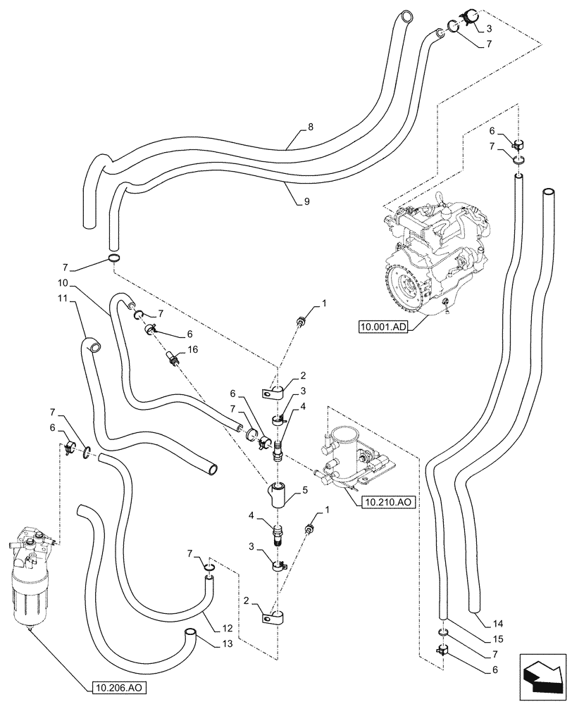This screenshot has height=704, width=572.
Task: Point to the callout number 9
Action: (307, 201)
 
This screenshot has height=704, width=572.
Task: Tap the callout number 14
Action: (499, 623)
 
